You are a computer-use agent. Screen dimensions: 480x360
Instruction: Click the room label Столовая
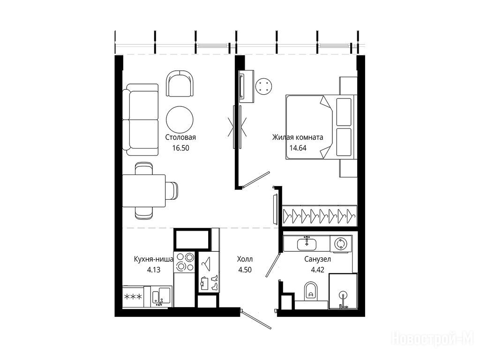click(x=180, y=137)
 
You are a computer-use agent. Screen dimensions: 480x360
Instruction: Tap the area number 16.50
click(x=180, y=148)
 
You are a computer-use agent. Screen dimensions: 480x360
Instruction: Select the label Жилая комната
click(x=298, y=137)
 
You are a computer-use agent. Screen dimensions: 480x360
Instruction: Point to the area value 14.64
click(x=298, y=148)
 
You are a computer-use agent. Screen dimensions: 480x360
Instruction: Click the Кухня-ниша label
click(x=154, y=259)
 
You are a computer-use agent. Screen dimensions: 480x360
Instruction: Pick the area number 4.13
click(x=154, y=270)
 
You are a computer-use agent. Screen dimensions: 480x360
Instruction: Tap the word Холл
click(x=245, y=259)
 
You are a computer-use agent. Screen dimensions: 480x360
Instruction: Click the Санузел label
click(x=317, y=259)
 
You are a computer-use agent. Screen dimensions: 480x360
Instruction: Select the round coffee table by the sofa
click(x=180, y=120)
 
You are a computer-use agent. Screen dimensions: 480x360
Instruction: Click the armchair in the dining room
click(x=180, y=83)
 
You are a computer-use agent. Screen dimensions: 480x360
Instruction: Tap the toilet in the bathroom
click(x=311, y=291)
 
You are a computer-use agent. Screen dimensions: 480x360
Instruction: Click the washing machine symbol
click(x=340, y=244)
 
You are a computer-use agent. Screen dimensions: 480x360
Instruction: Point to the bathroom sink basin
click(x=307, y=244)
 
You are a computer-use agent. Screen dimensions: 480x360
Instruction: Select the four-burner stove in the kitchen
click(x=184, y=262)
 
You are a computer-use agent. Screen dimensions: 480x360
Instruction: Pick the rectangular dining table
click(x=144, y=191)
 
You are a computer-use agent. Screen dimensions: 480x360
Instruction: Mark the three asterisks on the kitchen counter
click(x=133, y=296)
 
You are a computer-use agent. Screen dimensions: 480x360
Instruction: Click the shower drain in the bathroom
click(x=343, y=295)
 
